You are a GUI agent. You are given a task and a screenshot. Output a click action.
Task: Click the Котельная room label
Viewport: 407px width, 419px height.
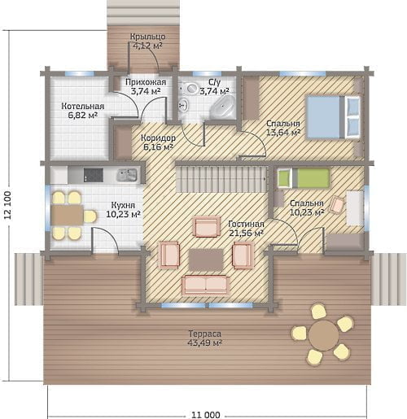pos(83,106)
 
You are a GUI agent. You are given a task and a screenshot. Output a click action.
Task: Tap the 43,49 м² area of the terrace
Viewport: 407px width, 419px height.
pos(205,343)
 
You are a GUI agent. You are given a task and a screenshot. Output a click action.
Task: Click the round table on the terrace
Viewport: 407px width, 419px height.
pos(324,335)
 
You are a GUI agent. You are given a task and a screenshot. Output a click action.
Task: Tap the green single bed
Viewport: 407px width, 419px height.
pos(304,178)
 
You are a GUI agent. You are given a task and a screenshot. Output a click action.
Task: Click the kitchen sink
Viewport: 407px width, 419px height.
pos(126,175)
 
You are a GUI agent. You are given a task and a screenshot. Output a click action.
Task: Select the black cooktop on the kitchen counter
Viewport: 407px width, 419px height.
pos(94,175)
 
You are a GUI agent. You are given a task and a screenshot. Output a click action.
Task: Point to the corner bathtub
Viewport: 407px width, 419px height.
pos(222,107)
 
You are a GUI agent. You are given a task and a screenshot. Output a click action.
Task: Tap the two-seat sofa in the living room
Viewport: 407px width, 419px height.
pos(205,285)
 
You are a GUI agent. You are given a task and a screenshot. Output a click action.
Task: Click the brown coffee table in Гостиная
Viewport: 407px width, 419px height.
pos(206,260)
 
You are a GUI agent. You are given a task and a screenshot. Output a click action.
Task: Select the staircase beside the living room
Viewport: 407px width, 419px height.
pos(221,179)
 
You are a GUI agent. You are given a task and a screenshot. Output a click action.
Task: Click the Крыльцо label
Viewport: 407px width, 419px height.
pos(147,37)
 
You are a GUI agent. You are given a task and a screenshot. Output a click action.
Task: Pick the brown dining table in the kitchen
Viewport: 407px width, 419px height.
pos(67,215)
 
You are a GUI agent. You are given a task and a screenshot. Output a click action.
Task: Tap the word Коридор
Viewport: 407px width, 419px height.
pos(158,138)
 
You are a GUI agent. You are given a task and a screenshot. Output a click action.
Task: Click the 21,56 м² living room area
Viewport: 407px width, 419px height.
pos(246,234)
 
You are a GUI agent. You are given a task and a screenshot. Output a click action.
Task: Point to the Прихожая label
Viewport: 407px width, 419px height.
pos(146,82)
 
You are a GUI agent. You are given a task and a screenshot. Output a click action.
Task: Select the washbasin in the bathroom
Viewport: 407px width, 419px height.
pos(184,105)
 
